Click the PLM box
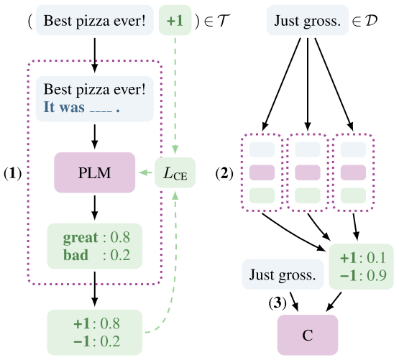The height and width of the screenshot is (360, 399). click(x=94, y=173)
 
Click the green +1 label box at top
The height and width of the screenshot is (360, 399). click(x=194, y=22)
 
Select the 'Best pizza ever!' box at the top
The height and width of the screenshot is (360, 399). click(x=94, y=22)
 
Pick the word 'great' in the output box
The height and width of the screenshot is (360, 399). click(x=78, y=236)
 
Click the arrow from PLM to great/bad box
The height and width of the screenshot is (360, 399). click(x=94, y=208)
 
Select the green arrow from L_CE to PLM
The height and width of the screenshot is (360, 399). click(x=146, y=173)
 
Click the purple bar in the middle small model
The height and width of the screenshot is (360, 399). click(x=308, y=172)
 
